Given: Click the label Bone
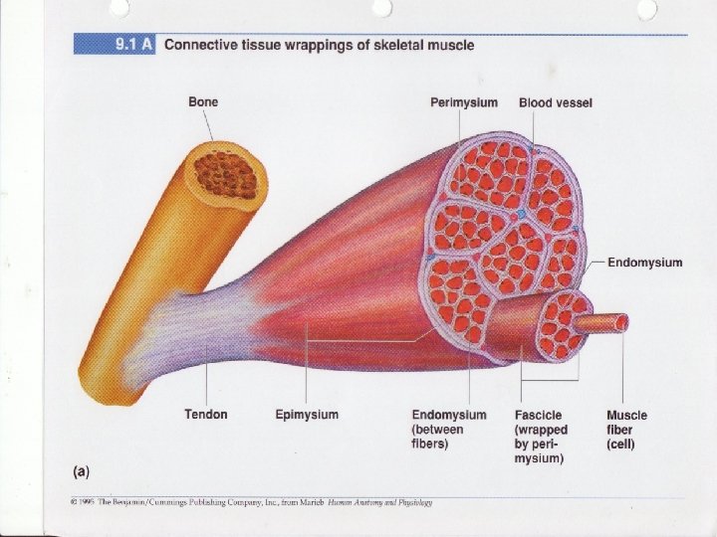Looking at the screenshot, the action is pyautogui.click(x=203, y=101).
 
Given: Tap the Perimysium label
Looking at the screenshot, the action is pyautogui.click(x=464, y=102).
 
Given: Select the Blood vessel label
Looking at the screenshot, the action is pyautogui.click(x=555, y=102).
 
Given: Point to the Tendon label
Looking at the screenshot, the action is pyautogui.click(x=206, y=415).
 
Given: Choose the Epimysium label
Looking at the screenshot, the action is pyautogui.click(x=307, y=415).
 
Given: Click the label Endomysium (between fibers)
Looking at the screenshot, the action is pyautogui.click(x=449, y=429).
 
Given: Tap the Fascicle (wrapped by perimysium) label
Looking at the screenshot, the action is pyautogui.click(x=540, y=436).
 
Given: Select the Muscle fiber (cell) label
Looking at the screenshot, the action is pyautogui.click(x=626, y=429).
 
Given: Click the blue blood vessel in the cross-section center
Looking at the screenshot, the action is pyautogui.click(x=519, y=214).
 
